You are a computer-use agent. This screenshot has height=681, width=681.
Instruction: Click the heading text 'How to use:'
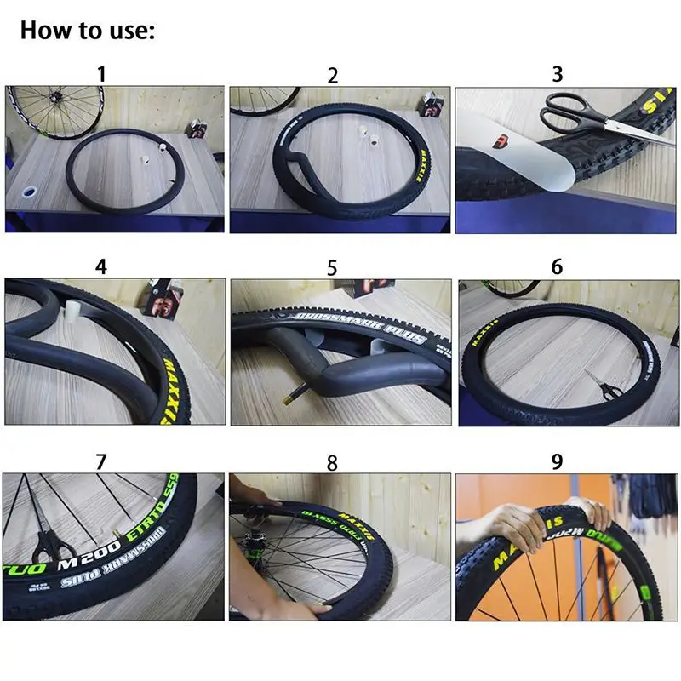[x=88, y=31]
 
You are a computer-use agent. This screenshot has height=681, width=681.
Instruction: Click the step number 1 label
[x=101, y=73]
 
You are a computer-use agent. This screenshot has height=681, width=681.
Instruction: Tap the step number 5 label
[x=332, y=268]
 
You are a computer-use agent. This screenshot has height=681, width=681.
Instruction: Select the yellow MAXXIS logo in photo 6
[x=486, y=328]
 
